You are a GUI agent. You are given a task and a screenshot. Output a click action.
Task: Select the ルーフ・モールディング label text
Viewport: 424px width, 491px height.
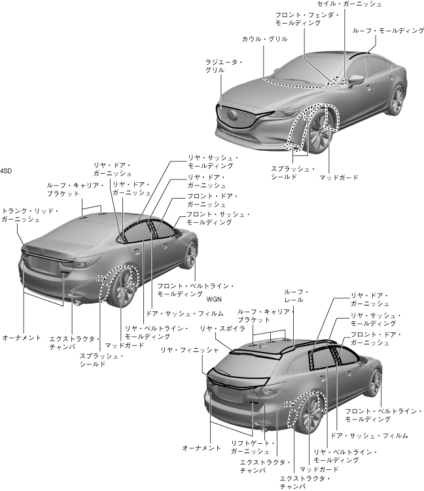(x=383, y=30)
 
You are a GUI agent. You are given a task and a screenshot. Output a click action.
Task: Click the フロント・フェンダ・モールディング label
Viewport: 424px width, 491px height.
(x=298, y=18)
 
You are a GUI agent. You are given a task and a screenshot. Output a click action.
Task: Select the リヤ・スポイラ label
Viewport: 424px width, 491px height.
(x=218, y=328)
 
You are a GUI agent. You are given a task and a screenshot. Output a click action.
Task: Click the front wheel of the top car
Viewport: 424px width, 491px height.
(x=319, y=134)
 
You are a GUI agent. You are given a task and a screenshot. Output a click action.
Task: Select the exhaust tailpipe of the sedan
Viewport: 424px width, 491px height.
(x=77, y=302)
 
